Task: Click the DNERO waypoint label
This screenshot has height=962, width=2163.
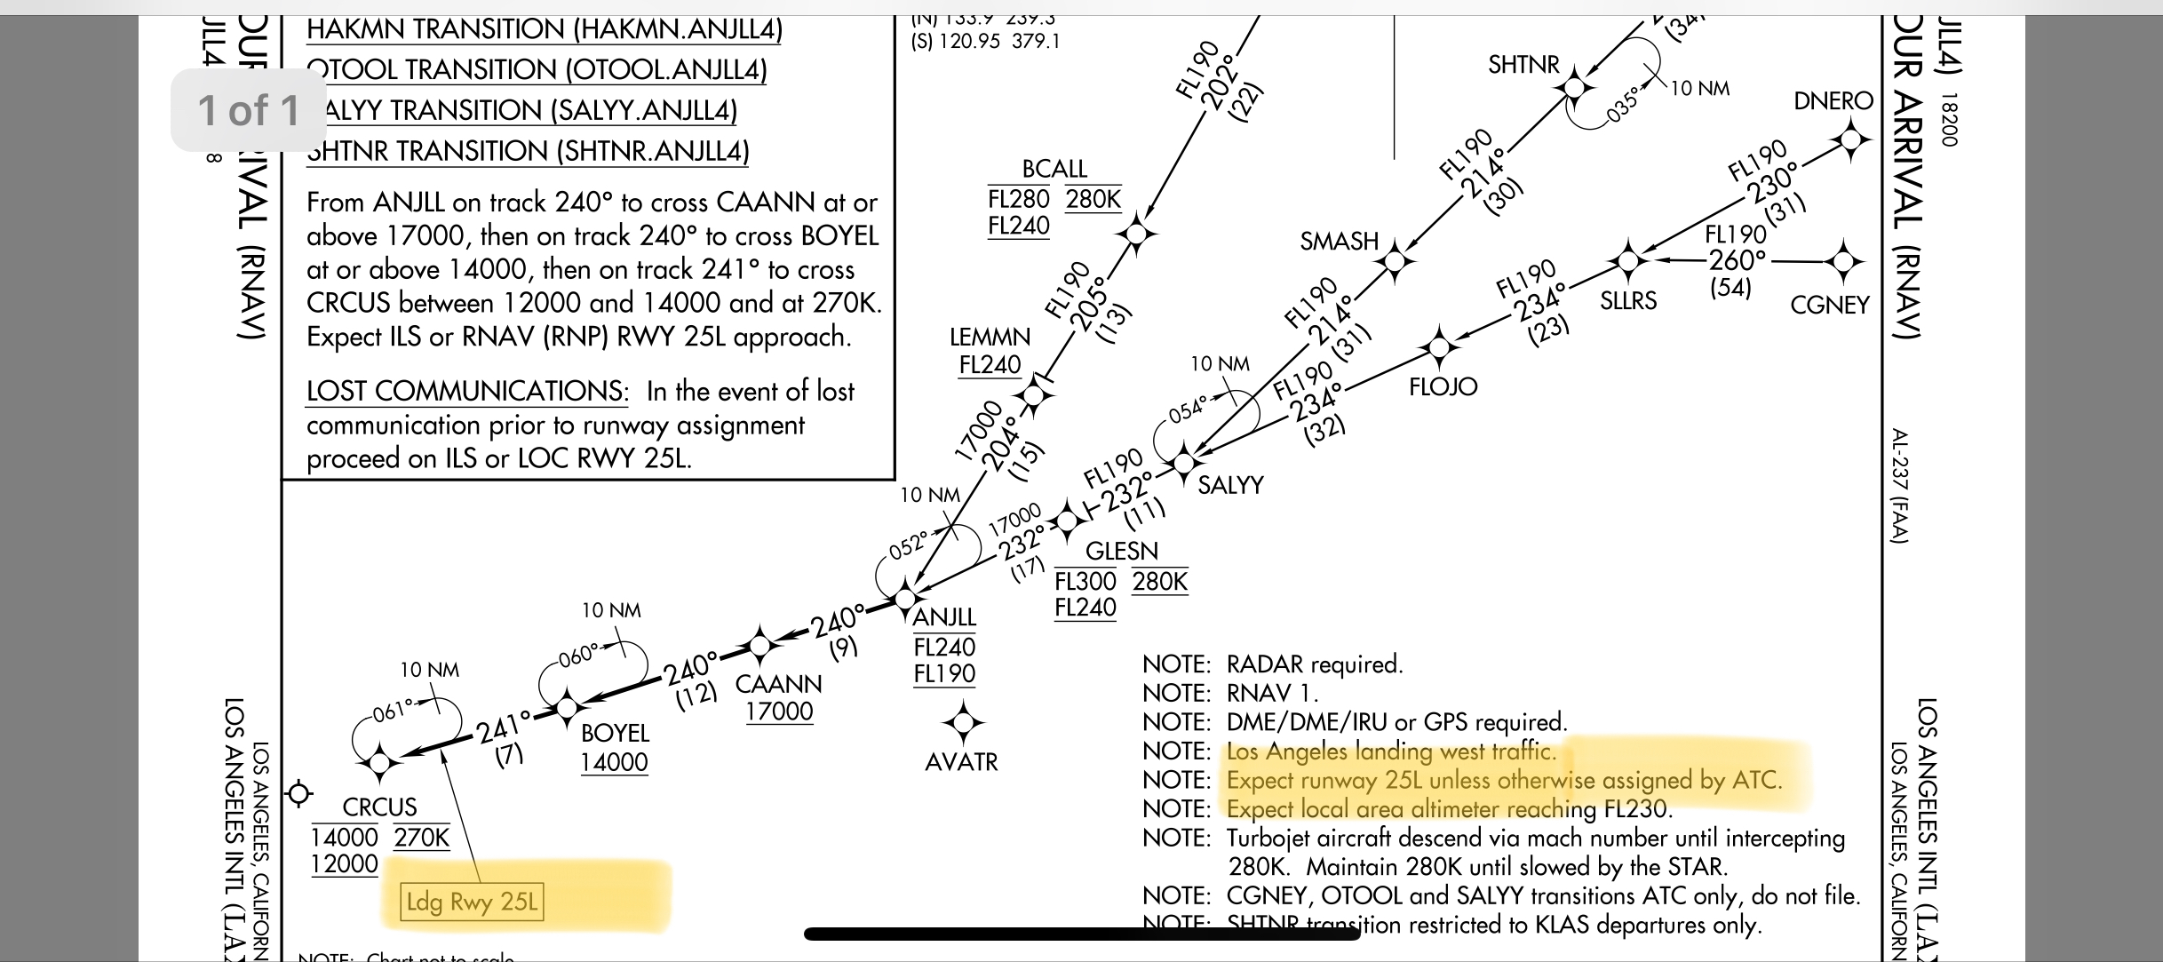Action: (1833, 101)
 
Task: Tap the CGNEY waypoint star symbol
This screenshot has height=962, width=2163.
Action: (1843, 261)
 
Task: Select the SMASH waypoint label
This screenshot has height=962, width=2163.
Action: (1339, 242)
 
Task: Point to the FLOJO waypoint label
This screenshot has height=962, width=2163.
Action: (1443, 386)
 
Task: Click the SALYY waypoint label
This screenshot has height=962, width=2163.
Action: (1230, 485)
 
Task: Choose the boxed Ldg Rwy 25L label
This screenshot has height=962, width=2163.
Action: (472, 902)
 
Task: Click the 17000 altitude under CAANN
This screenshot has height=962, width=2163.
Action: (779, 712)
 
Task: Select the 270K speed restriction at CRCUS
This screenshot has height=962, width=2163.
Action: (422, 838)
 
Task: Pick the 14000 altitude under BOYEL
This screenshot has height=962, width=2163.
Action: (614, 762)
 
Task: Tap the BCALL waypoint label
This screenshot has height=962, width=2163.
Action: (1054, 169)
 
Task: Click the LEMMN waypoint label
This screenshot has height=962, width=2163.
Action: (990, 338)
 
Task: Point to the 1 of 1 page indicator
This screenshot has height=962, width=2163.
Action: (249, 110)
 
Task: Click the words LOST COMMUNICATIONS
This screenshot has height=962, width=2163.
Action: (467, 392)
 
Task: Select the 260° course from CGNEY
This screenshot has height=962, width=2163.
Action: (1738, 260)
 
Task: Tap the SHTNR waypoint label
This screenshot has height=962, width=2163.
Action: (1523, 65)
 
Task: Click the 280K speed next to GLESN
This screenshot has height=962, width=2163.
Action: (1159, 582)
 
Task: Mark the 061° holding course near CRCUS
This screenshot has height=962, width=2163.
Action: (394, 711)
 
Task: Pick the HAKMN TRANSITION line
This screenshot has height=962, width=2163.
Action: (544, 29)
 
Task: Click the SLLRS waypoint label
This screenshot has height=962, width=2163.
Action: (1628, 301)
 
